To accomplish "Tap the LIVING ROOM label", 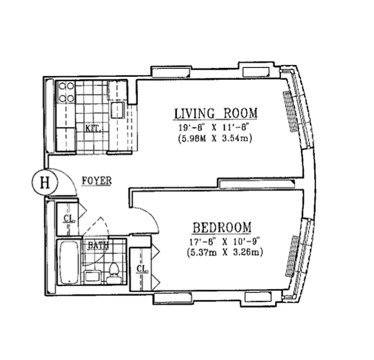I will click(x=216, y=113).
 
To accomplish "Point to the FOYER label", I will click(x=96, y=181).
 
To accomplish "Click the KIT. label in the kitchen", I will click(x=93, y=128).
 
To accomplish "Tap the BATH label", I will click(x=98, y=246).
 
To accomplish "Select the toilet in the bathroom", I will click(x=113, y=272).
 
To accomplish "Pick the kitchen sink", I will click(x=118, y=109).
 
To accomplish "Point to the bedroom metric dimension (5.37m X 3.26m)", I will click(x=224, y=252).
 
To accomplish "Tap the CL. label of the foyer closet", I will click(x=68, y=219).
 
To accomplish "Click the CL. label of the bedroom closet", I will click(x=141, y=270).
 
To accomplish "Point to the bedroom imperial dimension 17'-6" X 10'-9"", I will click(x=223, y=242).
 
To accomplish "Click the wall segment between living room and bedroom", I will click(x=257, y=183).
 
